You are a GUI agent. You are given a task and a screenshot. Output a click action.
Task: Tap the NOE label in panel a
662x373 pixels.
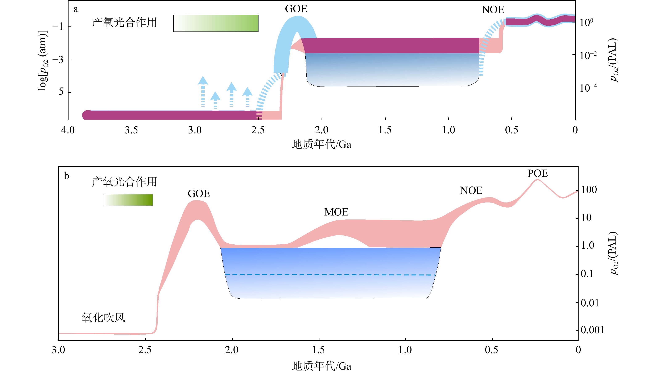tap(493, 10)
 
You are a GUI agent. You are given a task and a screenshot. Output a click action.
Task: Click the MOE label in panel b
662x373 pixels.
tap(336, 212)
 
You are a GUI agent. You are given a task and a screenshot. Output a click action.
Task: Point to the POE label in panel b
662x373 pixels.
tap(537, 174)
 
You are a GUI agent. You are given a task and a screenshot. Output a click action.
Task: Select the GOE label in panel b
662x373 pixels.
tap(199, 194)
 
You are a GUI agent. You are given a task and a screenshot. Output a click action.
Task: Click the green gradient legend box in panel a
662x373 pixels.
tap(216, 23)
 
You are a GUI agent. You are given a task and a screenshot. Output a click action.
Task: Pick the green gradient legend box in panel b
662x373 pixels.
tap(128, 200)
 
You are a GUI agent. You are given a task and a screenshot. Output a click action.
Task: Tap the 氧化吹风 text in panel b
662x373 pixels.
tap(104, 318)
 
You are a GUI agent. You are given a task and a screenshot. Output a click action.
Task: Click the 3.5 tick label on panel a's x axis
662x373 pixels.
tap(131, 130)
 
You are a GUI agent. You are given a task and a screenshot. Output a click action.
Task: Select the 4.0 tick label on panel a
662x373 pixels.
tap(68, 130)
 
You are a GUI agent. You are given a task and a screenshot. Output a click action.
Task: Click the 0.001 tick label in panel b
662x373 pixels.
tap(592, 330)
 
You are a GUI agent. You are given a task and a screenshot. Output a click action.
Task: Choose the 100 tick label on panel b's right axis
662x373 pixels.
tap(589, 190)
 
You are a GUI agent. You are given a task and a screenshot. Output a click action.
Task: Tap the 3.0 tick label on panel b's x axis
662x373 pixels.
tap(58, 350)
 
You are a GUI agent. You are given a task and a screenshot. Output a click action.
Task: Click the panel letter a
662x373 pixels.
tap(76, 9)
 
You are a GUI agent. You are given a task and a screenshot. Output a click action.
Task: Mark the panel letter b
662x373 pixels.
tap(67, 176)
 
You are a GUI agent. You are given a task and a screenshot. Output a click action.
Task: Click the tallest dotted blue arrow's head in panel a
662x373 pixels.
tap(203, 80)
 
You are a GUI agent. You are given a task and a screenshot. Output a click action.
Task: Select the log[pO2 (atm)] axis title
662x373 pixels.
tap(43, 60)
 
